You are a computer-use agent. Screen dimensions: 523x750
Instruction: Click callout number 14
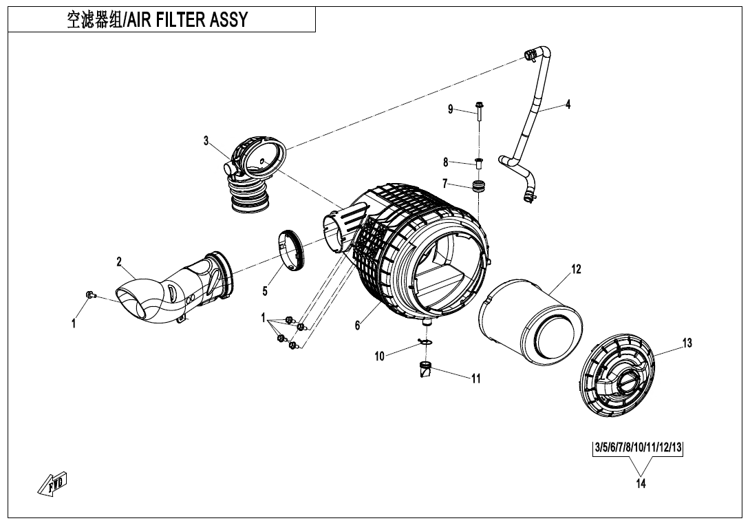pyautogui.click(x=641, y=483)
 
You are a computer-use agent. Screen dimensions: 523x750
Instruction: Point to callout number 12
pyautogui.click(x=577, y=269)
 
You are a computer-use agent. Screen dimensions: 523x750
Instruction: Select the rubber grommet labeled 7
pyautogui.click(x=477, y=186)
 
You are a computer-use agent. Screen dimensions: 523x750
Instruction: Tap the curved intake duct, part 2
pyautogui.click(x=175, y=292)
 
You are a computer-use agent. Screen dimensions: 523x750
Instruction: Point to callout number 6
pyautogui.click(x=357, y=325)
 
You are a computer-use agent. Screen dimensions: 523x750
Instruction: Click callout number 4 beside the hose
pyautogui.click(x=568, y=105)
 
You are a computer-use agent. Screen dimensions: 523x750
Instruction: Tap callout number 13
pyautogui.click(x=686, y=343)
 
